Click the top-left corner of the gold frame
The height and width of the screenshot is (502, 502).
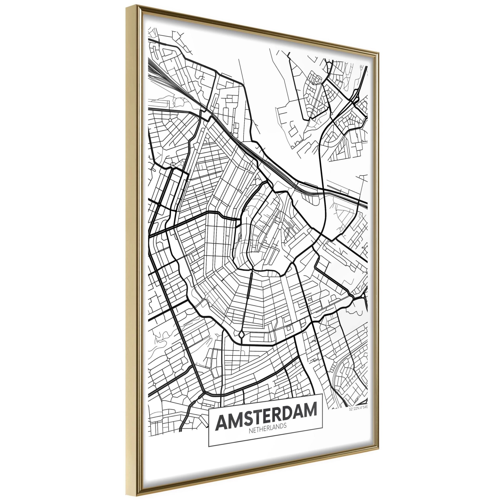tap(127, 7)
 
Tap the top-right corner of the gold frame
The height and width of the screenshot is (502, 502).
tap(379, 54)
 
